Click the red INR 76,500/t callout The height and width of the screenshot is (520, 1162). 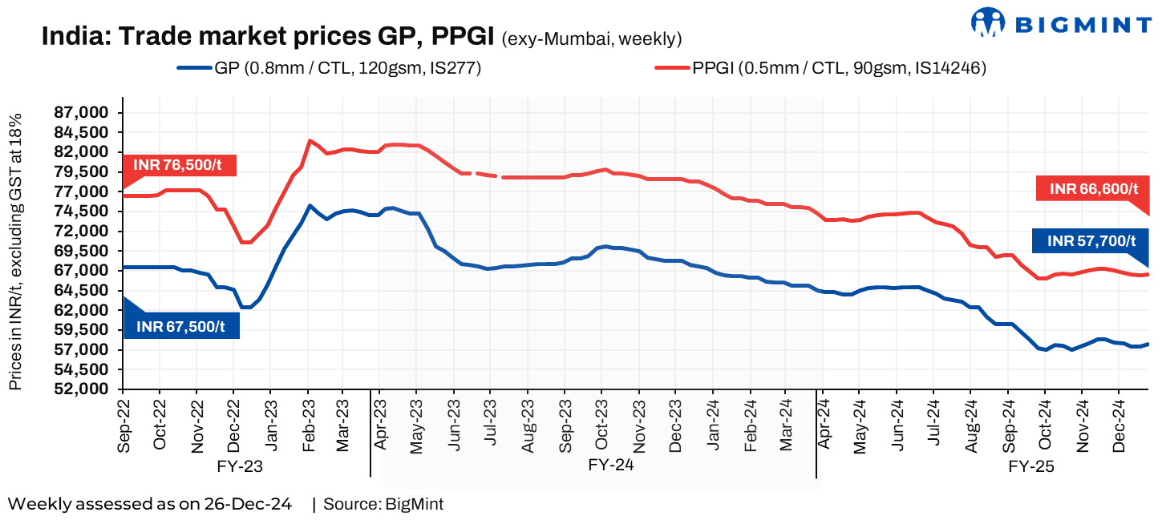(x=179, y=165)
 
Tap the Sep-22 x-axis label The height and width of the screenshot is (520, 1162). (x=123, y=425)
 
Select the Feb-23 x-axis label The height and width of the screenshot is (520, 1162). (x=307, y=425)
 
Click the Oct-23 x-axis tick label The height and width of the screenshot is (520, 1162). (x=602, y=425)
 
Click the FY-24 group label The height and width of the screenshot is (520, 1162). (x=611, y=465)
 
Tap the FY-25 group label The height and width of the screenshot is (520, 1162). (x=1031, y=465)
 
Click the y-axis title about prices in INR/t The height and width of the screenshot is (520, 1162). (x=16, y=252)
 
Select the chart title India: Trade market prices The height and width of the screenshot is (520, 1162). (x=268, y=37)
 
